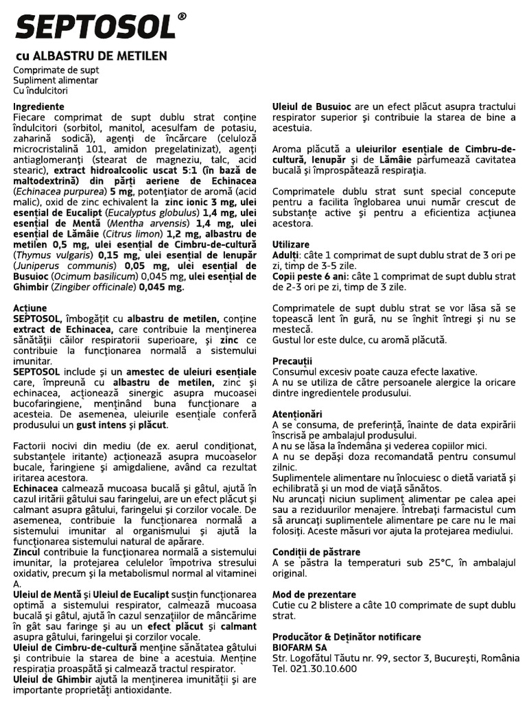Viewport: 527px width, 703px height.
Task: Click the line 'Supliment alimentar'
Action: click(x=55, y=80)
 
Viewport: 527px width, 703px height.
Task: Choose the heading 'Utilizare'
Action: click(x=291, y=244)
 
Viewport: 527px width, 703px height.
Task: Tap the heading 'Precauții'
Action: click(x=292, y=361)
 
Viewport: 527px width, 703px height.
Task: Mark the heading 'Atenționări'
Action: click(x=297, y=414)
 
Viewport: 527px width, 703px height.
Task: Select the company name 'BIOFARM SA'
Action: click(x=300, y=647)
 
